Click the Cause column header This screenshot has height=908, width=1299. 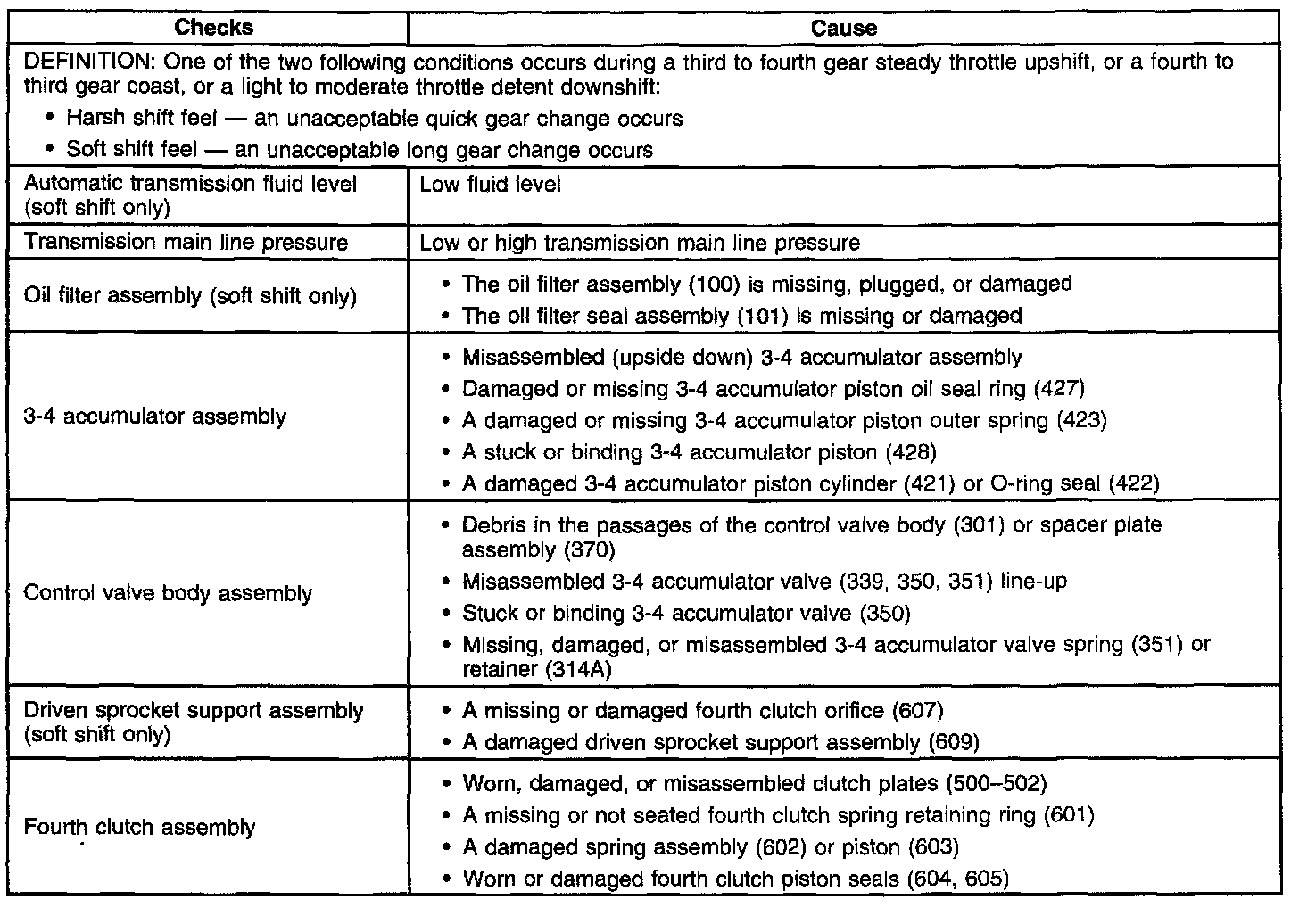click(x=843, y=28)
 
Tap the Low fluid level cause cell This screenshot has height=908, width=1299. click(x=490, y=185)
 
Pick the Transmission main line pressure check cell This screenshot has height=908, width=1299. click(x=186, y=242)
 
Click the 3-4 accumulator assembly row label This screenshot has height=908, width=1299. click(x=155, y=417)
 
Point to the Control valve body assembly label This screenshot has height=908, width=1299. click(x=168, y=593)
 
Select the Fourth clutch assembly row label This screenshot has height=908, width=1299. click(x=139, y=827)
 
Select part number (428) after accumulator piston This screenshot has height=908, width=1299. click(x=911, y=451)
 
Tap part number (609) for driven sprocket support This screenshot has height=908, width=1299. click(x=954, y=742)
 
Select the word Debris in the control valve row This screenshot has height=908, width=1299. click(x=492, y=524)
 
